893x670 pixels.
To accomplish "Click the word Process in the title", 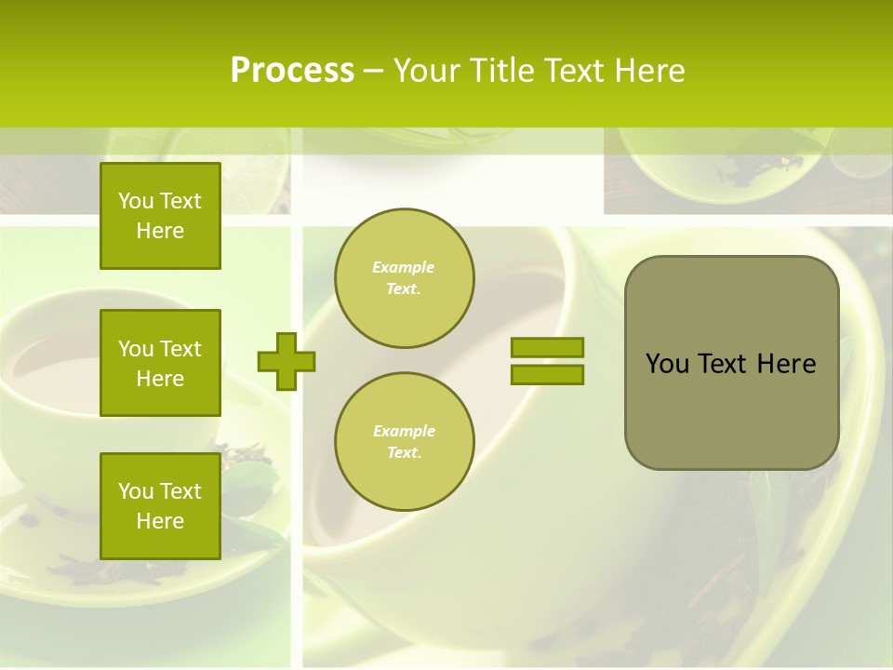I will (292, 71).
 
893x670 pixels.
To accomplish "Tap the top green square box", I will (160, 216).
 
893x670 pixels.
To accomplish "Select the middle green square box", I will (160, 363).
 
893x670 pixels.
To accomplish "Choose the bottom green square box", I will (160, 505).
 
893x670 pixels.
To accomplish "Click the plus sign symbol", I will (286, 361).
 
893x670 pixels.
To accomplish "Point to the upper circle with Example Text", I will (404, 278).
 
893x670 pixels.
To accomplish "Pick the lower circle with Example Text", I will (404, 442).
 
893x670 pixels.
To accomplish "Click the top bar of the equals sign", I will (547, 348).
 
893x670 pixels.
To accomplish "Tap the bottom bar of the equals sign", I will (547, 375).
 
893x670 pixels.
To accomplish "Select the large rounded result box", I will (731, 363).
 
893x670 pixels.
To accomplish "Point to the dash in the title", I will (373, 71).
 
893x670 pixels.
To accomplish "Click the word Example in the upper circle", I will (404, 268).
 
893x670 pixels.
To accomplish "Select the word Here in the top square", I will (160, 231).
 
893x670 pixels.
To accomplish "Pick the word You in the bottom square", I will (136, 491).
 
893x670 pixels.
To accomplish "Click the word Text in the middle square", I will (180, 349).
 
